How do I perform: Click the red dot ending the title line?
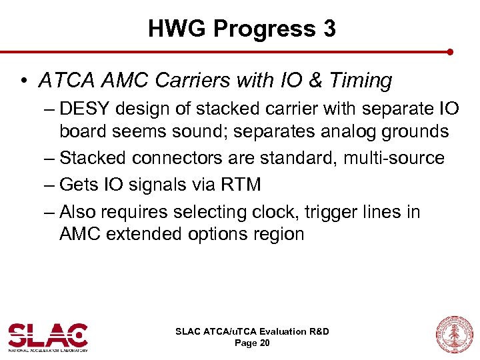point(451,51)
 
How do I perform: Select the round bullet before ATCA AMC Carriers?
point(23,81)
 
